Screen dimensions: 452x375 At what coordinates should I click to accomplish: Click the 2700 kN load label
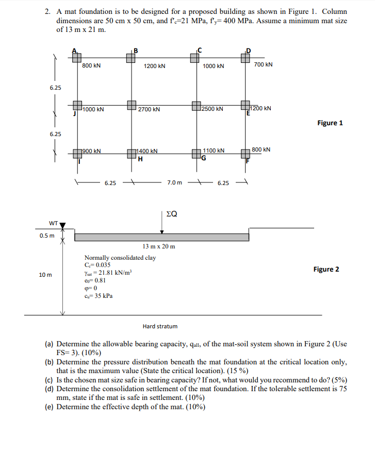149,110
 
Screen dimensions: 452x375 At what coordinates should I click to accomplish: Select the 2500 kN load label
213,109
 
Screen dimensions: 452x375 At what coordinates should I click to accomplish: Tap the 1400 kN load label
148,152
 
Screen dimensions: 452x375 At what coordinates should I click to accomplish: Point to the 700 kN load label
263,64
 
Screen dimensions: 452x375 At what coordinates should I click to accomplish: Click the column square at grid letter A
77,58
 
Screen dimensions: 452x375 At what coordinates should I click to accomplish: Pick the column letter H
140,159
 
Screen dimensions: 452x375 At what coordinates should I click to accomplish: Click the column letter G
204,159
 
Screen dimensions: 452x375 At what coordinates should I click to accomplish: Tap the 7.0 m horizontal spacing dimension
175,182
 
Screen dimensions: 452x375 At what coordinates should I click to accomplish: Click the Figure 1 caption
330,123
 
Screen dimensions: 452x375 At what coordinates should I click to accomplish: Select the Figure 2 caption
326,269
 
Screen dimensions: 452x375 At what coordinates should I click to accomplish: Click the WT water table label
53,224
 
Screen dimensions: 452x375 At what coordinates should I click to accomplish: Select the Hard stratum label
160,326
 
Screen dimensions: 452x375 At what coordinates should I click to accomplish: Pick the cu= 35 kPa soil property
99,296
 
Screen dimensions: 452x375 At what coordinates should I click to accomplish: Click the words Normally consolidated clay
120,257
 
